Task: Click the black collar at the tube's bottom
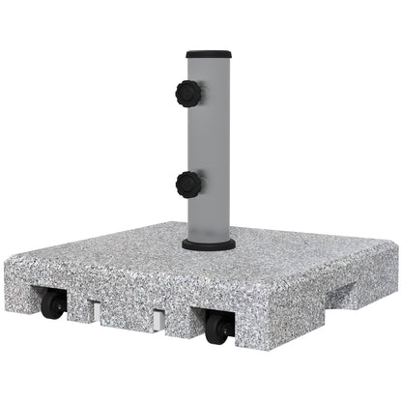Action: pos(208,244)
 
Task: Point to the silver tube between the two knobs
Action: pos(211,140)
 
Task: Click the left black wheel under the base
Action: pos(53,305)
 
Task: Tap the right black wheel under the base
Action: pos(218,329)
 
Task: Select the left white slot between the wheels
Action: pos(95,312)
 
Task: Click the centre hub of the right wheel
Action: pos(217,330)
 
